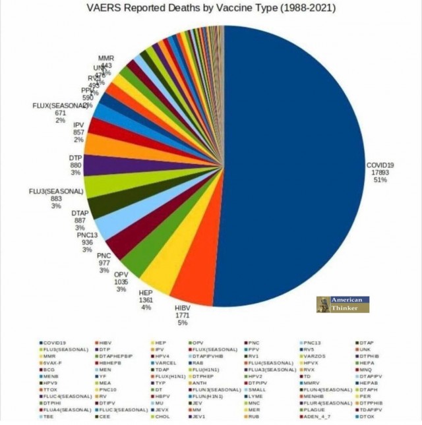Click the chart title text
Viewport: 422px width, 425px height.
211,9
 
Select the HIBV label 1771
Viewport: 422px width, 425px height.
182,316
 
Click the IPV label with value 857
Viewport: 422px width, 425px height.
78,125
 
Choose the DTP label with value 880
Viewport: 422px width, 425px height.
76,159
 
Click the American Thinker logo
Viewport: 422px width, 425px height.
342,304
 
